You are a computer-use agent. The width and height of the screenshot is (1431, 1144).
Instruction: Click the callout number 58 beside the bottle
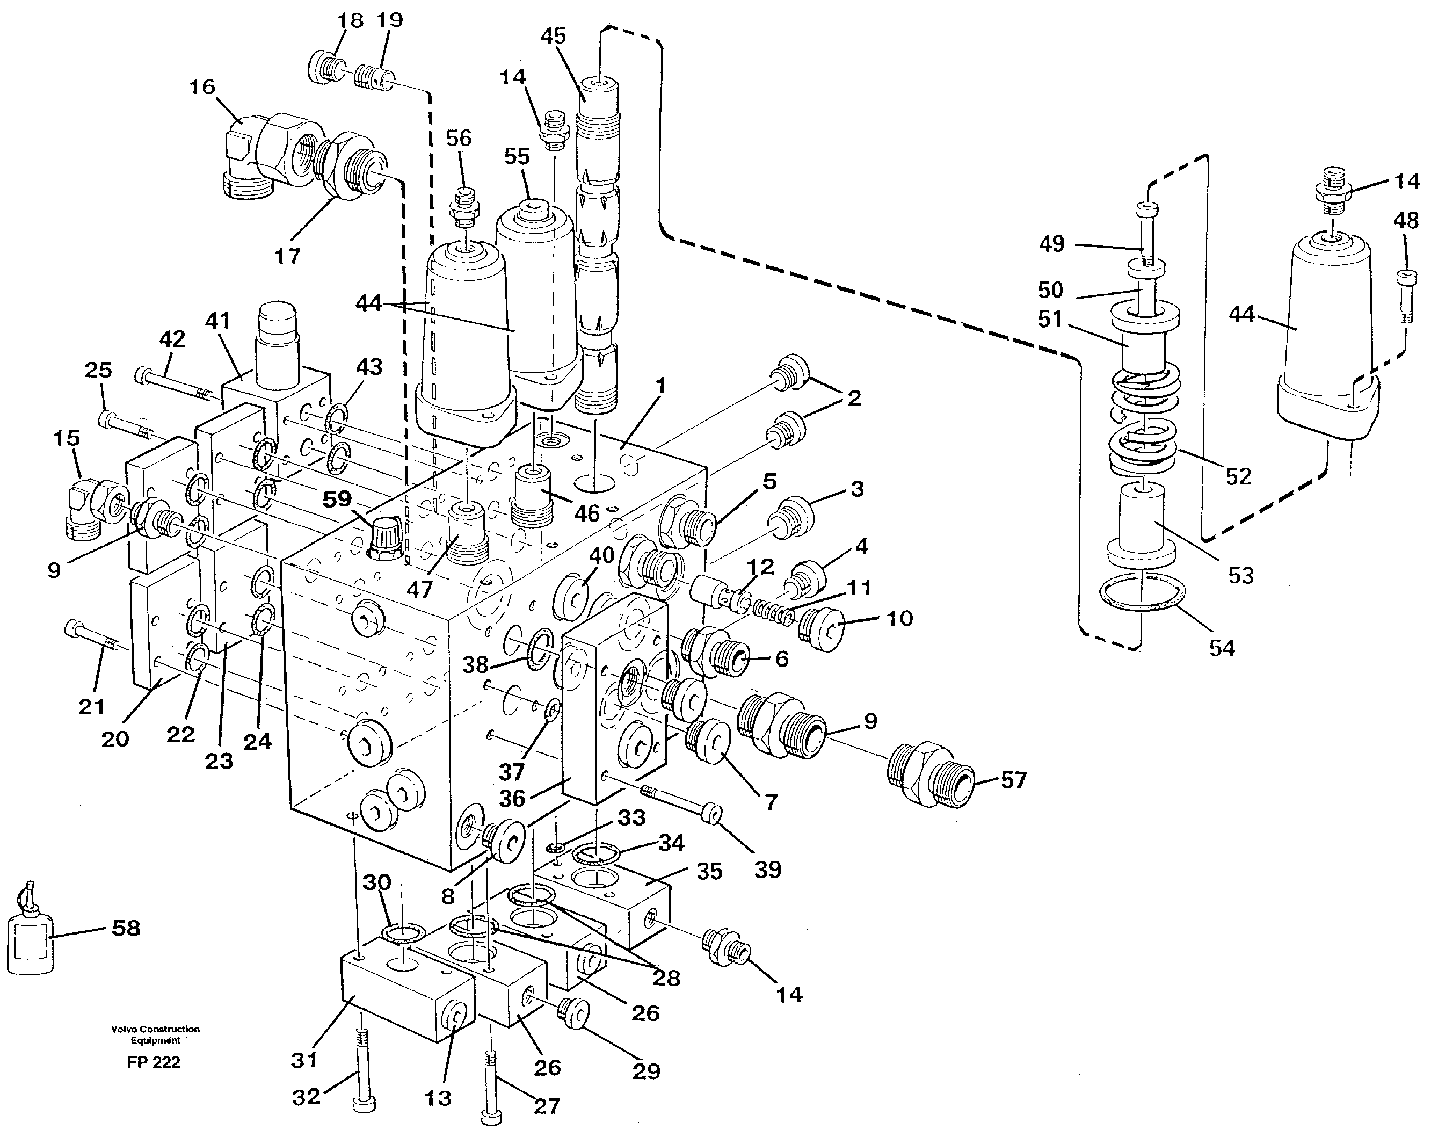pos(126,928)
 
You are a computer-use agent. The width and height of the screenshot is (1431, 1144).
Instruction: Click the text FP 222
pos(154,1062)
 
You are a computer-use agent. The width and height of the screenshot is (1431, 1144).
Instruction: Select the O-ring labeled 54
pos(1141,591)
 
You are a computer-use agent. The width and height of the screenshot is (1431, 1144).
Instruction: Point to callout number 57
pos(1013,780)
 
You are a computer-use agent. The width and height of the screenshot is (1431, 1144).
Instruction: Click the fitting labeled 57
pos(931,775)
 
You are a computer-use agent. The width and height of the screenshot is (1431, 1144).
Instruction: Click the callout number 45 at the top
pos(553,37)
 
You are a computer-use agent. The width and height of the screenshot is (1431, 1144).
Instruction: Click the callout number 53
pos(1240,575)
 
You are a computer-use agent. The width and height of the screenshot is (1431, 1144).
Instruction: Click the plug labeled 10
pos(820,627)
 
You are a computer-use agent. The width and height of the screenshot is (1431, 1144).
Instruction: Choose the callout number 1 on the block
pos(660,386)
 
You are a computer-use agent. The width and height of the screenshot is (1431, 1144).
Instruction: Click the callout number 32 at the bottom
pos(306,1097)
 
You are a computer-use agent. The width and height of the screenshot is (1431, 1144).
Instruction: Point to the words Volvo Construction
pos(155,1029)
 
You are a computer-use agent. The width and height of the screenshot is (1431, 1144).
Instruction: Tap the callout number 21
pos(92,706)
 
